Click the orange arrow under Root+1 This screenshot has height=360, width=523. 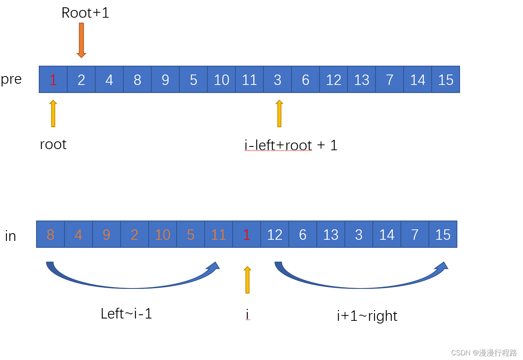click(81, 40)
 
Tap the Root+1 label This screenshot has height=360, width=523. click(85, 13)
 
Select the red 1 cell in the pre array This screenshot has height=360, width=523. click(53, 80)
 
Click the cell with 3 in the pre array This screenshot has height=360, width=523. click(278, 80)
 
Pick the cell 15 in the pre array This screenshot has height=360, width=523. click(446, 80)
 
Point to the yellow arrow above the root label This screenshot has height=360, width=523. click(53, 113)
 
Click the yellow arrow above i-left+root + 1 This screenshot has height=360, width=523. click(280, 113)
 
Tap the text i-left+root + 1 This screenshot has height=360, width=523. click(291, 145)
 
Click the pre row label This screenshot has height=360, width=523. click(11, 79)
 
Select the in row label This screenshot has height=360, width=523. click(10, 236)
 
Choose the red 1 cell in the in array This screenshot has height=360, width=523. click(247, 234)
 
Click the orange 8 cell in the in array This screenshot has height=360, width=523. click(50, 234)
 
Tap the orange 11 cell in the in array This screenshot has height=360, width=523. click(218, 234)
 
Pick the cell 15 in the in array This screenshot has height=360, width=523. click(443, 234)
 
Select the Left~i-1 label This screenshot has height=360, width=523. click(126, 314)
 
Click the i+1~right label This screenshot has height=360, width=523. click(367, 316)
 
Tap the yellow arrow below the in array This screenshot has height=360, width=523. click(248, 280)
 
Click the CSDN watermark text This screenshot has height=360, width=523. click(484, 353)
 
